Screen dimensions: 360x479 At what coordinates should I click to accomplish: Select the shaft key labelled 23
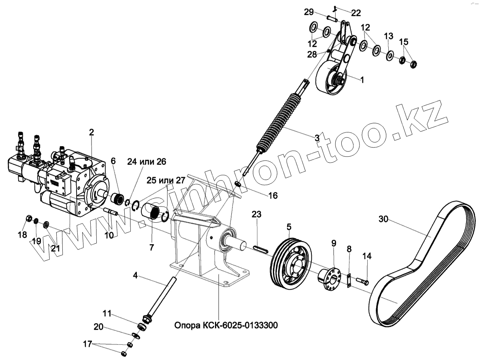259,249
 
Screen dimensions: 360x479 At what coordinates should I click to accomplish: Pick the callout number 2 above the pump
92,132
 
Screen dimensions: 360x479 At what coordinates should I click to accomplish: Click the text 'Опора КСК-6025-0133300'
226,325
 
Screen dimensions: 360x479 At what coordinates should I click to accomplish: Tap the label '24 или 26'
147,162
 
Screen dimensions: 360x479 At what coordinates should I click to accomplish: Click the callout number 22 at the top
356,13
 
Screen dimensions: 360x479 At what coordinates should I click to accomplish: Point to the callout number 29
309,12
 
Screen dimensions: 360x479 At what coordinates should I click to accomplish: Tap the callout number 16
273,196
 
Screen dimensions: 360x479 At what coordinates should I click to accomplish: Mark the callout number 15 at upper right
404,42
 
